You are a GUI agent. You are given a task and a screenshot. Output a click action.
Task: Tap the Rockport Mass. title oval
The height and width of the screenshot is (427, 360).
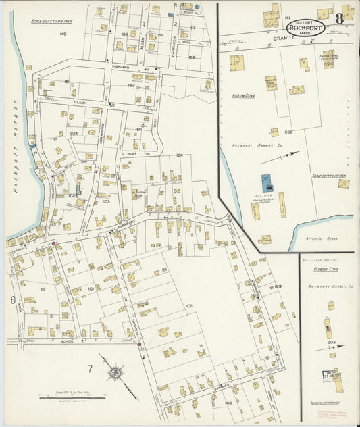(303, 29)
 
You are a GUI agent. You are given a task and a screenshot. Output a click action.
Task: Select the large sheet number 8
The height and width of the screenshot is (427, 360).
(346, 13)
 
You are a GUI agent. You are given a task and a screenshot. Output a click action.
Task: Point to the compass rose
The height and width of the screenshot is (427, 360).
(116, 372)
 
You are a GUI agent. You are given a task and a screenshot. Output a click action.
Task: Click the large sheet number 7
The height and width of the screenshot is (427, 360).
(89, 368)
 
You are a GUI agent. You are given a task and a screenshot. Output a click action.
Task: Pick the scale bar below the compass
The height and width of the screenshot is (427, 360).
(66, 399)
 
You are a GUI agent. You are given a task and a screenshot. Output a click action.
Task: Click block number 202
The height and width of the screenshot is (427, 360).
(288, 132)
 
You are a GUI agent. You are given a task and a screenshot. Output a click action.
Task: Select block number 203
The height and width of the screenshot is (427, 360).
(331, 343)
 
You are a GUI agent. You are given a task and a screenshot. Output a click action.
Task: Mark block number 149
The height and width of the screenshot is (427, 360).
(63, 33)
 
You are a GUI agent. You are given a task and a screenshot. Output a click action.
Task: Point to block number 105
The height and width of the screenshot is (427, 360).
(189, 306)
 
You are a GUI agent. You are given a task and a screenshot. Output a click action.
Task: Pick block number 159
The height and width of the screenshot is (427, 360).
(278, 286)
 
